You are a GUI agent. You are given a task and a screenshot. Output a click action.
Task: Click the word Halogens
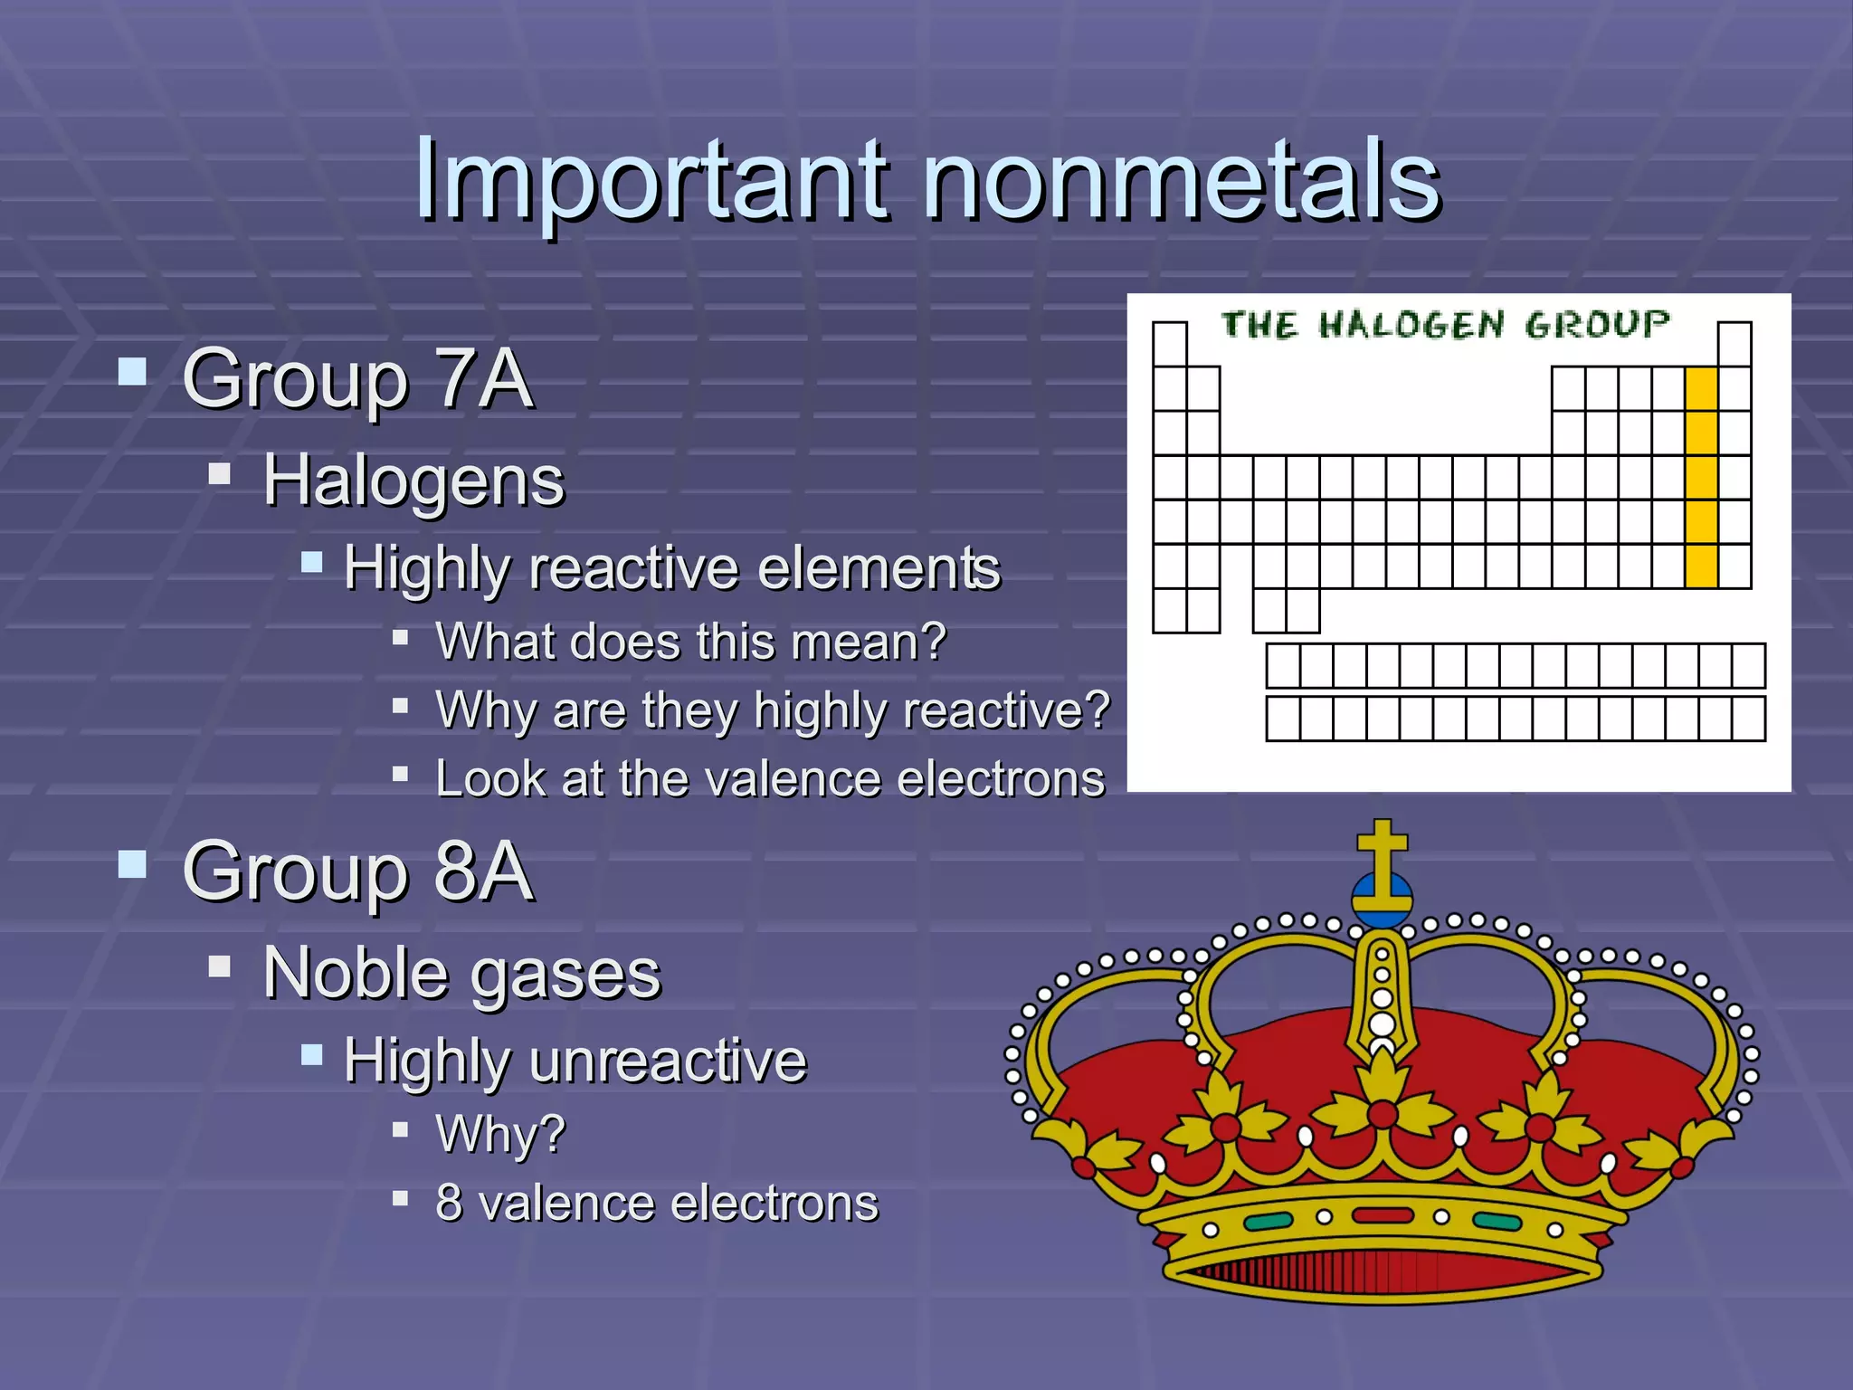(x=413, y=481)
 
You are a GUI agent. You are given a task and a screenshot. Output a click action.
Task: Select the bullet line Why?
(x=500, y=1133)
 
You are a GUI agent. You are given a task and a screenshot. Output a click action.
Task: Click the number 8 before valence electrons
(x=449, y=1204)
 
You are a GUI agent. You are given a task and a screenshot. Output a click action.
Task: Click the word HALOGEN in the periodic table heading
(x=1411, y=325)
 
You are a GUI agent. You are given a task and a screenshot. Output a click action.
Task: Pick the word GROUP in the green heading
(x=1596, y=324)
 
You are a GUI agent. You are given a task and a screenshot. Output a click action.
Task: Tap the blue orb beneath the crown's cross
(x=1382, y=901)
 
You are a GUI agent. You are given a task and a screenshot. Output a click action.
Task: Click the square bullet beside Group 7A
(x=132, y=372)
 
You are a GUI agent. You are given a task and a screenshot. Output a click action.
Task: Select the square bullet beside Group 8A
(x=132, y=864)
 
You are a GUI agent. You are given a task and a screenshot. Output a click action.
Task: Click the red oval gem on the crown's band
(x=1382, y=1215)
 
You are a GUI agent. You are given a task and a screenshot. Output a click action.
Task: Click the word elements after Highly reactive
(x=879, y=569)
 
